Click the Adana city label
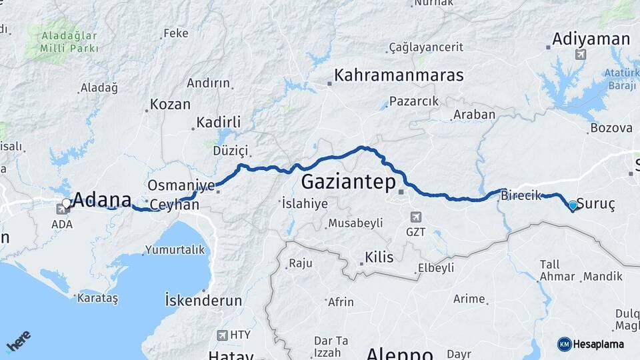pyautogui.click(x=102, y=199)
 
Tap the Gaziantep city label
pyautogui.click(x=348, y=181)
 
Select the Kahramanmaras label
pyautogui.click(x=399, y=75)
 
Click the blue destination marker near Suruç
pyautogui.click(x=573, y=205)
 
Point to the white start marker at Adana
pyautogui.click(x=66, y=203)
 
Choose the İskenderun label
pyautogui.click(x=203, y=300)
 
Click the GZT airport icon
pyautogui.click(x=415, y=217)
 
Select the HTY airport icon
pyautogui.click(x=222, y=335)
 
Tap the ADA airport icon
pyautogui.click(x=62, y=210)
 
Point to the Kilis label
pyautogui.click(x=379, y=257)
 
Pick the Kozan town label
pyautogui.click(x=170, y=105)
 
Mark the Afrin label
pyautogui.click(x=341, y=302)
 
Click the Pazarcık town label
pyautogui.click(x=414, y=101)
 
